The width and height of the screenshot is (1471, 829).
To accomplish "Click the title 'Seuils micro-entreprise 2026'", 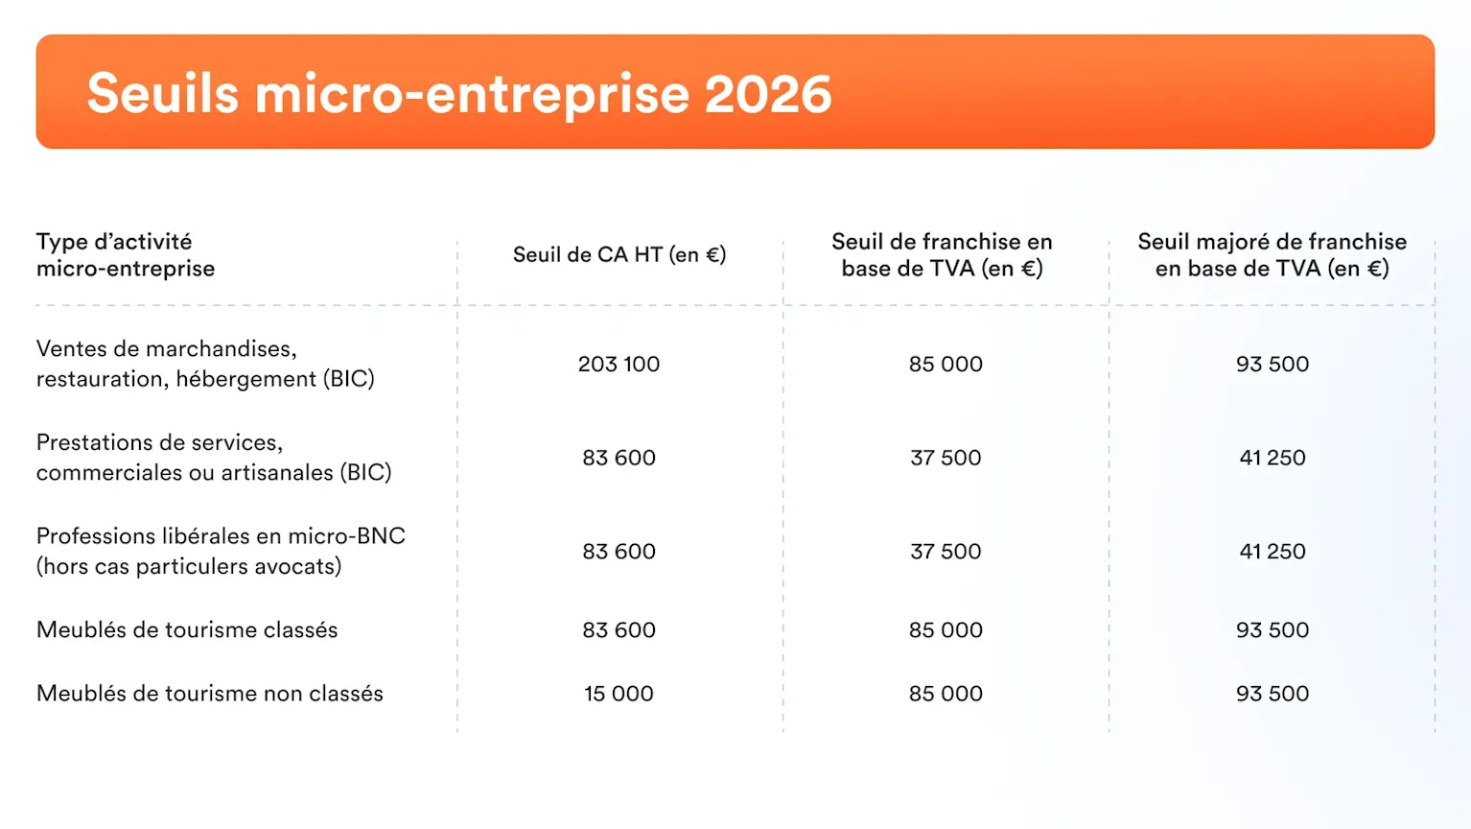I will (x=458, y=94).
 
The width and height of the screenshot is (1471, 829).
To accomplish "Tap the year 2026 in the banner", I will (x=768, y=94).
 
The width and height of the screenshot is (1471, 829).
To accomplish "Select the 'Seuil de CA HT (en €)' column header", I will (x=619, y=254).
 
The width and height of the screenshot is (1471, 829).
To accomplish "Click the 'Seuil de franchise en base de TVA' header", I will (x=942, y=254).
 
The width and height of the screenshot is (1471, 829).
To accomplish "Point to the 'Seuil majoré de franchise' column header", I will (x=1272, y=254).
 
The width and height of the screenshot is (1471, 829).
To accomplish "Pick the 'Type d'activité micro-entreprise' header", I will (x=126, y=254).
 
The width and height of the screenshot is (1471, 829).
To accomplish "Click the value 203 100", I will (x=619, y=364).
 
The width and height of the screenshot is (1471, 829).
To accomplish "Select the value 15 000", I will (x=619, y=693).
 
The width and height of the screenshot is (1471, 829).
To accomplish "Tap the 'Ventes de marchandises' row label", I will (x=205, y=364).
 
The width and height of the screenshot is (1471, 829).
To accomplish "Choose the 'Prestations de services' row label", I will (x=214, y=457).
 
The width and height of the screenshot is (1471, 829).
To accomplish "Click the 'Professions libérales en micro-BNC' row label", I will (x=221, y=551).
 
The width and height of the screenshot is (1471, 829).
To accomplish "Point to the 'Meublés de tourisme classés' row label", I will (x=187, y=629).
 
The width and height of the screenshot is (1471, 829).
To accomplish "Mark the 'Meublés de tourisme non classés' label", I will (x=210, y=693).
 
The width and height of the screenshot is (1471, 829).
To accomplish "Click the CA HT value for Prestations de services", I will (x=619, y=458).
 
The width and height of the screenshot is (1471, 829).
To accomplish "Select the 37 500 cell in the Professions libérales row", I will (x=946, y=551).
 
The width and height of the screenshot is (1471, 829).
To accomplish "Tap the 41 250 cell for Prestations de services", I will (x=1273, y=458).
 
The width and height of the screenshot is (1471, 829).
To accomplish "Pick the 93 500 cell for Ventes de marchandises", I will (x=1273, y=364).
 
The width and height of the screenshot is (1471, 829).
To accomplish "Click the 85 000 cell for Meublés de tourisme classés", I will (x=946, y=629).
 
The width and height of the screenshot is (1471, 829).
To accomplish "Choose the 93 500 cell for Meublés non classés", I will (x=1273, y=693).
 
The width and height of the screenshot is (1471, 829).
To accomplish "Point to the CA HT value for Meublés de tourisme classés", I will (x=619, y=629).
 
